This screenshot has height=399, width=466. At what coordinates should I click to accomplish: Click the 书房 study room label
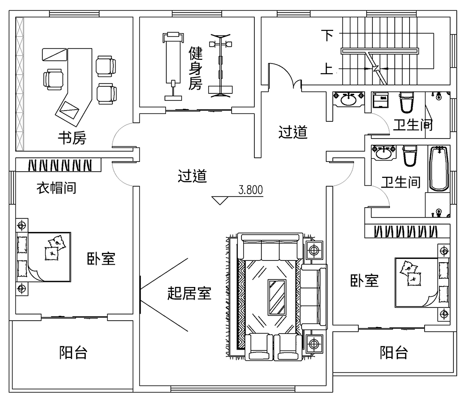click(72, 139)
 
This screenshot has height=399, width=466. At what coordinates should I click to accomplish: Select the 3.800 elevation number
click(251, 190)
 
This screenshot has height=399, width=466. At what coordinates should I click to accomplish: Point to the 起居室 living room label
click(190, 294)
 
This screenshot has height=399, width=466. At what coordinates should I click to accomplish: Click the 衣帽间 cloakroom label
click(56, 189)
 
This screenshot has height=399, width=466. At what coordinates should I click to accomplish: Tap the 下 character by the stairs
click(329, 35)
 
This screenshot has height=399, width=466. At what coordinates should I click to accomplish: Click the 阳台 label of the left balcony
click(74, 352)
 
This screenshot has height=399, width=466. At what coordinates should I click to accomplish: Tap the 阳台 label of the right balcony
click(394, 352)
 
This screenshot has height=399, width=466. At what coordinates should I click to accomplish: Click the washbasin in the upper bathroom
click(348, 99)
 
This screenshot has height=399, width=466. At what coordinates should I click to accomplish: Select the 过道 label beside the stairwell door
click(293, 133)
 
